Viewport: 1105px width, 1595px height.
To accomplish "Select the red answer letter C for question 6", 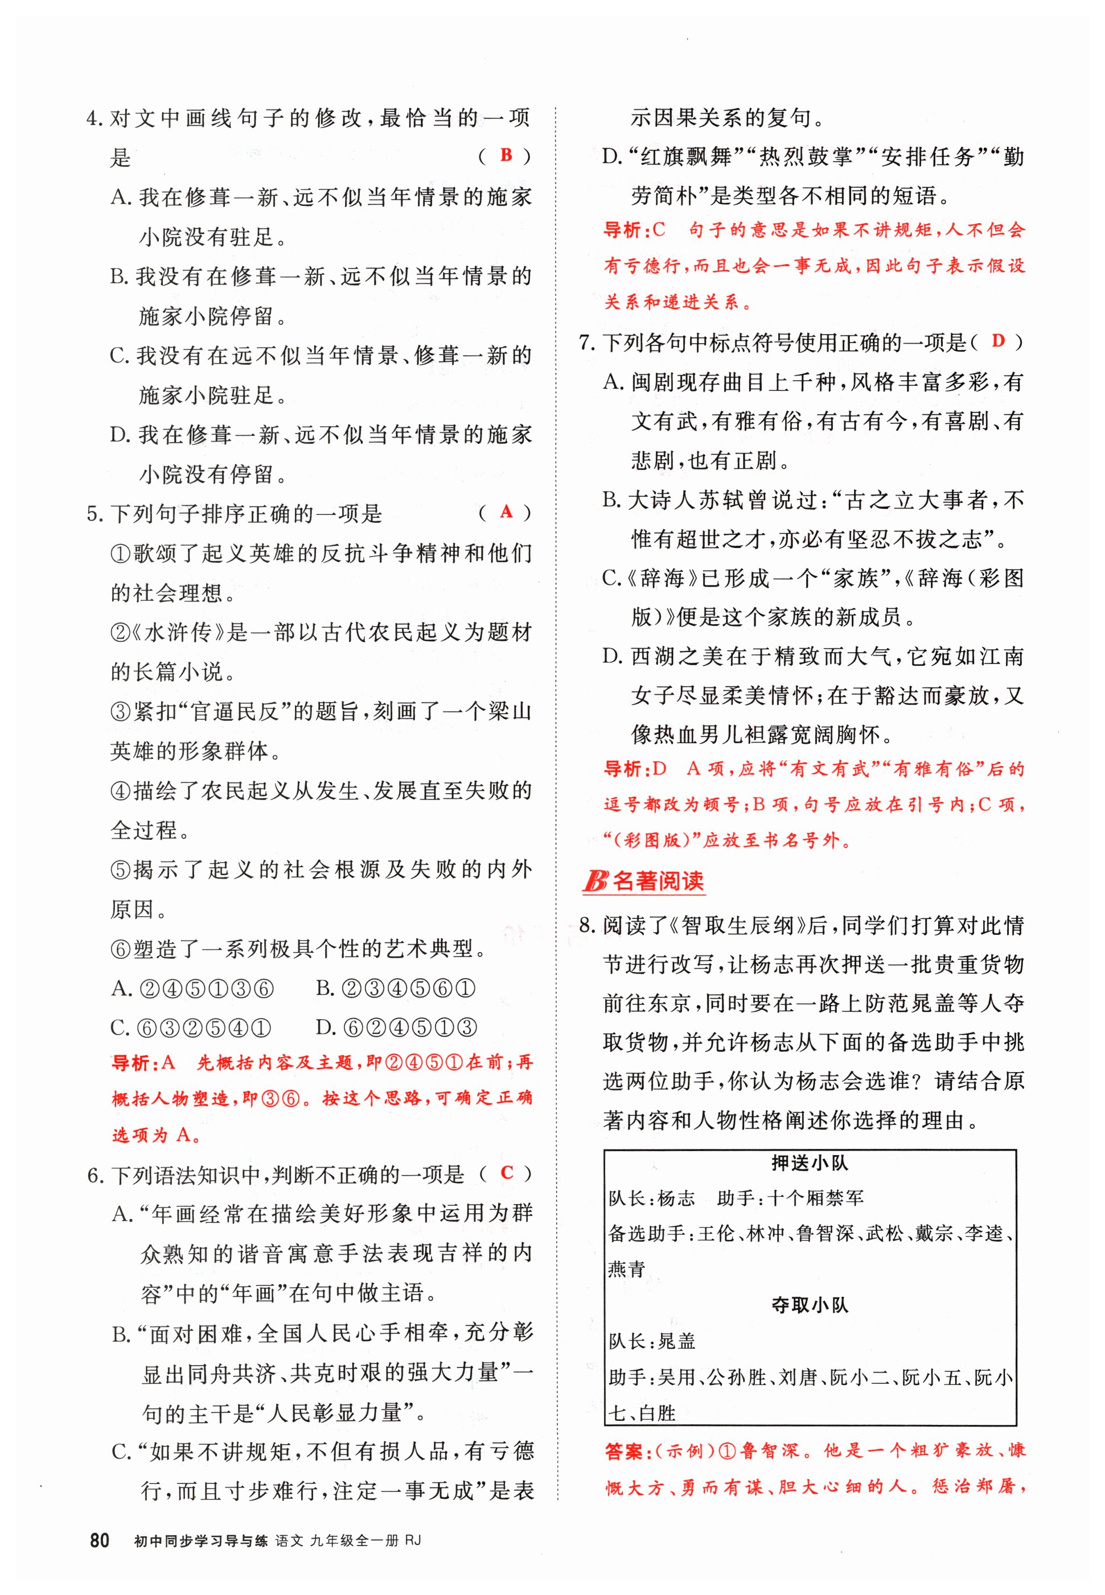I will point(507,1172).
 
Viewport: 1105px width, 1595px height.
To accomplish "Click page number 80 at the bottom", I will point(100,1540).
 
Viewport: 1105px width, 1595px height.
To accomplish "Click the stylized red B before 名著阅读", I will point(595,881).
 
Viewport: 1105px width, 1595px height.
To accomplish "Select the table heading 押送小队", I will point(810,1163).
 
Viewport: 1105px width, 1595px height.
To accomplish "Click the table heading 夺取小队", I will point(810,1305).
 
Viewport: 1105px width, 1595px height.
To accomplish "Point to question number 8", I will point(586,925).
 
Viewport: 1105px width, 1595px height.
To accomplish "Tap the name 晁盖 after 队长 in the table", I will point(676,1341).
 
